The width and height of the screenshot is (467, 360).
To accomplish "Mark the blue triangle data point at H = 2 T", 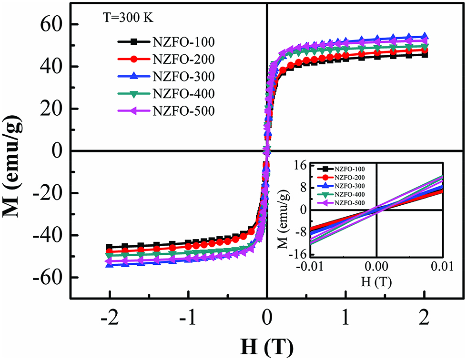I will pyautogui.click(x=425, y=36).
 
